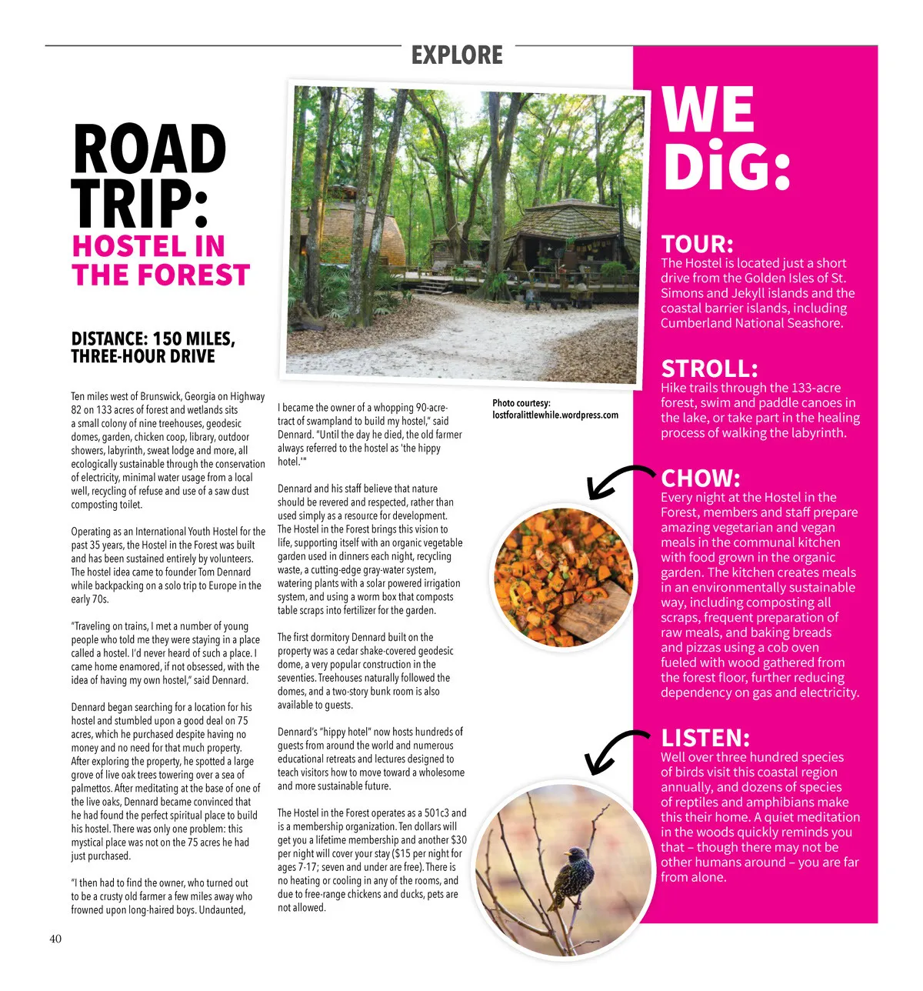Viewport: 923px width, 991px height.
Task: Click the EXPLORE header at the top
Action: (x=457, y=55)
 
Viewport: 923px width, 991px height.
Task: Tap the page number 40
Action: (x=55, y=939)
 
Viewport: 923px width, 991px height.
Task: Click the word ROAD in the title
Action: (x=149, y=149)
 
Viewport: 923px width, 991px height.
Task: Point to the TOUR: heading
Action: (x=697, y=244)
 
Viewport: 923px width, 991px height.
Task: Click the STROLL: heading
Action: (x=709, y=369)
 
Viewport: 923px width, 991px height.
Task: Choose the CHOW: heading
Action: (x=700, y=479)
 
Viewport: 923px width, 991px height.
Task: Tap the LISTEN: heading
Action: (x=705, y=738)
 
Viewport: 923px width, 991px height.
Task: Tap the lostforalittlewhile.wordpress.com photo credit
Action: (x=555, y=415)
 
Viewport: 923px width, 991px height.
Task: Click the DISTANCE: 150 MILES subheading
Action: (x=153, y=339)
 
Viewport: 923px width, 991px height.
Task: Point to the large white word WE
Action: (x=708, y=110)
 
